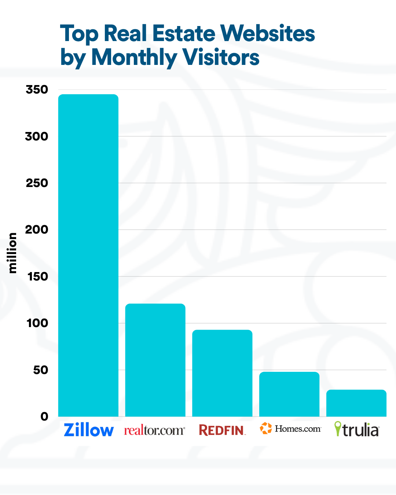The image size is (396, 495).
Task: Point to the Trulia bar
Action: pyautogui.click(x=356, y=403)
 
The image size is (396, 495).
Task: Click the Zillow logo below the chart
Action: pyautogui.click(x=89, y=430)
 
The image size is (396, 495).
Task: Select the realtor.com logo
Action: pyautogui.click(x=154, y=430)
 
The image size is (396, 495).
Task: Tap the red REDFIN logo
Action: pyautogui.click(x=222, y=430)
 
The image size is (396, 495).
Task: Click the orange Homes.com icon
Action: pyautogui.click(x=266, y=428)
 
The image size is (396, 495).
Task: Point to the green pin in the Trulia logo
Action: pyautogui.click(x=338, y=428)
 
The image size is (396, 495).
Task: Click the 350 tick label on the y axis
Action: pyautogui.click(x=37, y=89)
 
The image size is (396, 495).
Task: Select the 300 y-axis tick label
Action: pyautogui.click(x=37, y=136)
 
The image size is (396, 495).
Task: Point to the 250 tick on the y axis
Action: pyautogui.click(x=37, y=183)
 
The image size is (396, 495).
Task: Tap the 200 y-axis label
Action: pyautogui.click(x=37, y=230)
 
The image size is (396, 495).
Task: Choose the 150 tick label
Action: pyautogui.click(x=38, y=276)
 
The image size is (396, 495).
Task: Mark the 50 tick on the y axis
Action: pyautogui.click(x=41, y=370)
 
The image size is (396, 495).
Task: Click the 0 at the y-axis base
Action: pyautogui.click(x=44, y=417)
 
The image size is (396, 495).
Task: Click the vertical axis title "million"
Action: pyautogui.click(x=12, y=253)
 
